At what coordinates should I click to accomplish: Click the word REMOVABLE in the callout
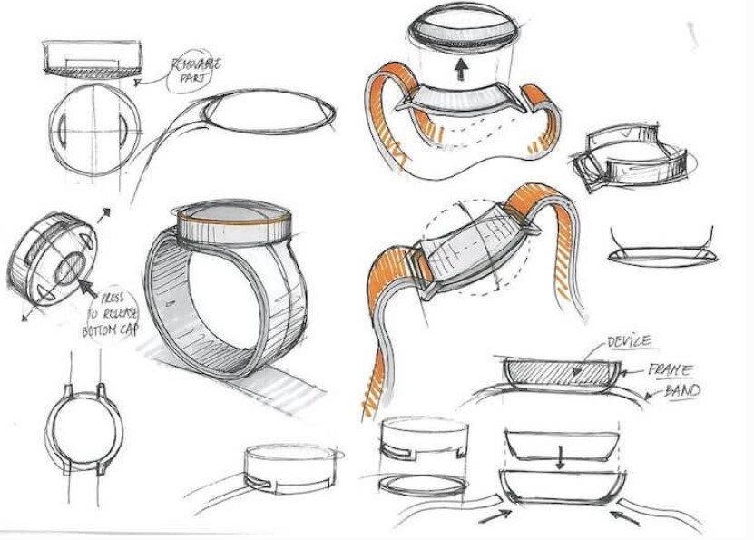click(x=197, y=64)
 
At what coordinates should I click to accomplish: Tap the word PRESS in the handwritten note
click(x=112, y=297)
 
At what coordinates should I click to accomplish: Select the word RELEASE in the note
click(x=119, y=314)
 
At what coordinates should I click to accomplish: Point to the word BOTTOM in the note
click(x=101, y=331)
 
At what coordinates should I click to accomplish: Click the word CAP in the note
click(x=130, y=329)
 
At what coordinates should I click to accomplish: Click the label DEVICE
click(x=630, y=342)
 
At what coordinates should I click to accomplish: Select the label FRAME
click(x=671, y=369)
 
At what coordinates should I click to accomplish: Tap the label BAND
click(x=682, y=390)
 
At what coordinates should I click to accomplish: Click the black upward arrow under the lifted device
click(x=461, y=69)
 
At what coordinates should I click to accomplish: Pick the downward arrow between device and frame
click(x=559, y=457)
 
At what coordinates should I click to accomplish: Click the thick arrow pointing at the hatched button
click(x=86, y=287)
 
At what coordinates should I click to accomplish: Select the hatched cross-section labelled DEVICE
click(x=561, y=373)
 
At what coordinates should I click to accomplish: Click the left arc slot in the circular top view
click(x=62, y=129)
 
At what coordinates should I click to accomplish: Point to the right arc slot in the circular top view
click(x=123, y=130)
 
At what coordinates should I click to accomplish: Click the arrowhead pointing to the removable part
click(x=138, y=83)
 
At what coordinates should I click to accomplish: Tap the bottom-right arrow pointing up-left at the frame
click(x=624, y=518)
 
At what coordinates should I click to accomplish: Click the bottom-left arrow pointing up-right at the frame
click(x=495, y=517)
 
